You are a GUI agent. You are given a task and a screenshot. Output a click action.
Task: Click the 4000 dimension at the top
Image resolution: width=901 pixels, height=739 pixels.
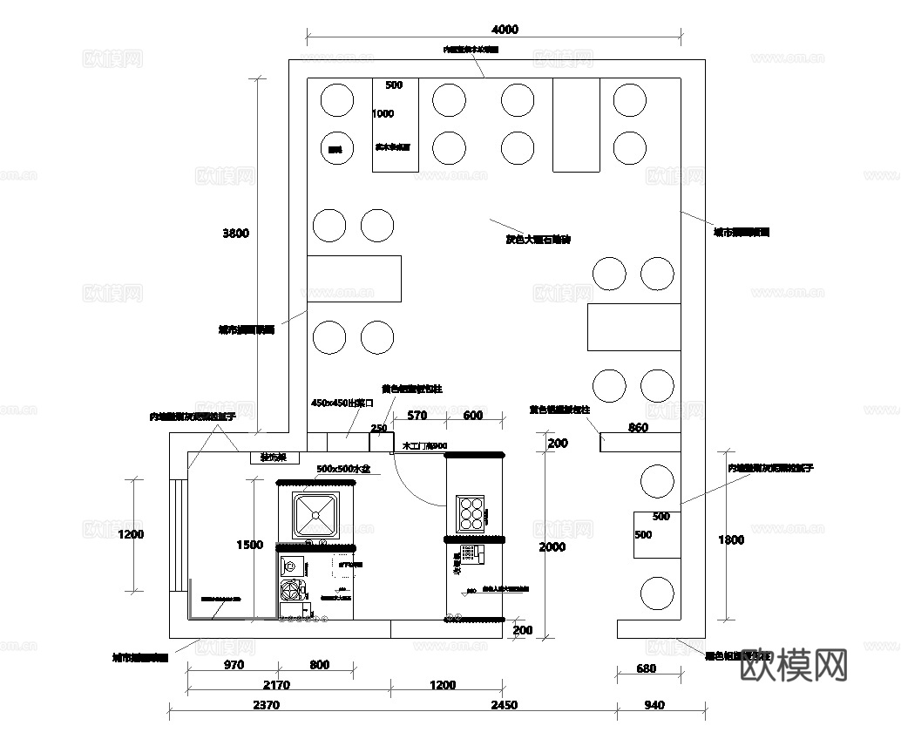coord(505,29)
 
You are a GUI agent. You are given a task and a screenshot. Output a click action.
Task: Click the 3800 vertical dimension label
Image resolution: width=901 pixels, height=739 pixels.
coord(235,233)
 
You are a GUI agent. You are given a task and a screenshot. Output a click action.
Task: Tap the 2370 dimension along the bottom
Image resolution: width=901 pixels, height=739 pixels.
coord(266,705)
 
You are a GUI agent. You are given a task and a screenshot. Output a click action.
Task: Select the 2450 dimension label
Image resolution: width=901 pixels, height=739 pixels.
coord(504,705)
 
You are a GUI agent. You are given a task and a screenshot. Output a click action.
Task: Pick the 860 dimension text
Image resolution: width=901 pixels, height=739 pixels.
coord(639,428)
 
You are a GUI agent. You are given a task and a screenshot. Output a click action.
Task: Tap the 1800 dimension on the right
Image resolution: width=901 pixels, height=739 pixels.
coord(731,539)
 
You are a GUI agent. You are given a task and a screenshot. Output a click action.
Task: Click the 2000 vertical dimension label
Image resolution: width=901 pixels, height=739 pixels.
coord(552,547)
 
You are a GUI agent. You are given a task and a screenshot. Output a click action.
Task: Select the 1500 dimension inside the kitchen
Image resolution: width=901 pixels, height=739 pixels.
coord(249,545)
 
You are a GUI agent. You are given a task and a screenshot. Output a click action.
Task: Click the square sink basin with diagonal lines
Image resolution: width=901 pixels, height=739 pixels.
coord(315,514)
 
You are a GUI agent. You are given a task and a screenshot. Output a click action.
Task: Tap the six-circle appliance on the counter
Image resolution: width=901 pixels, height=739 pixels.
coord(471,513)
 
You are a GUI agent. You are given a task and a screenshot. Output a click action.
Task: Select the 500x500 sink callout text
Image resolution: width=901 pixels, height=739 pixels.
coord(343,469)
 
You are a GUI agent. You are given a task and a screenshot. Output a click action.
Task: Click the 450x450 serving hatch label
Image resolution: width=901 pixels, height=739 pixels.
coord(342,403)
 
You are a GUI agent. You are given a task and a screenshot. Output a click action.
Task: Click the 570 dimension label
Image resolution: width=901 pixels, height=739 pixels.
coord(417,416)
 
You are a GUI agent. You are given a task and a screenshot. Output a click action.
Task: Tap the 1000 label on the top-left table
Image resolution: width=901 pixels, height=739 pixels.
coord(383,113)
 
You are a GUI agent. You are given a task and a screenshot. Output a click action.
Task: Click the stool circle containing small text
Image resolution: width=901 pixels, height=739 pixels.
coord(335,150)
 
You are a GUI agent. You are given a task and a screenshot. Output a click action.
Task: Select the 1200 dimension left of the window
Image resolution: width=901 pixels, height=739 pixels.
coord(131,534)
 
